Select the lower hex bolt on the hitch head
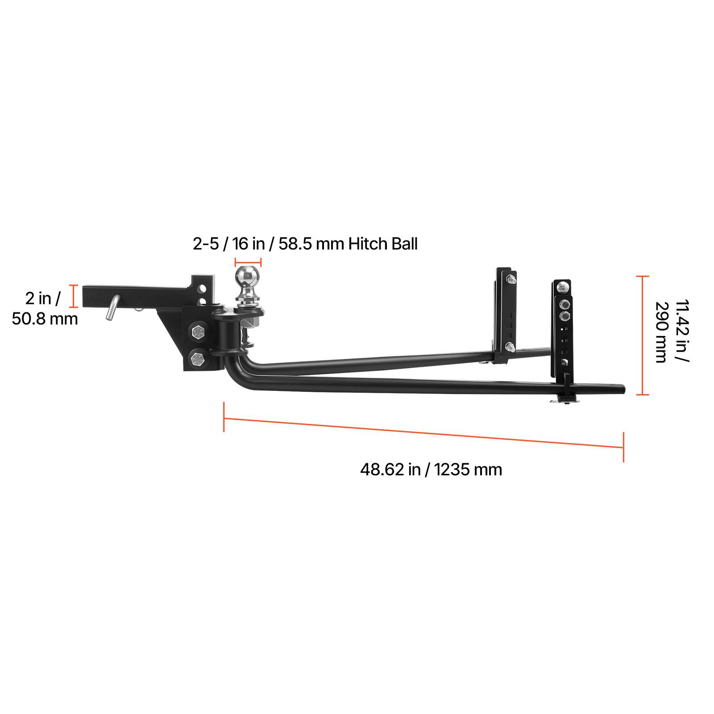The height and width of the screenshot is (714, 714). (x=197, y=358)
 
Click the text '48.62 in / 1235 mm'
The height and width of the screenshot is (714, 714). (x=431, y=469)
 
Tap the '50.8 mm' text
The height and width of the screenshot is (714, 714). (x=45, y=319)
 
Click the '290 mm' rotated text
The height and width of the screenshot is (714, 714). (x=660, y=332)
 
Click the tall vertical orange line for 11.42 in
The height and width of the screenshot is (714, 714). (x=642, y=336)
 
